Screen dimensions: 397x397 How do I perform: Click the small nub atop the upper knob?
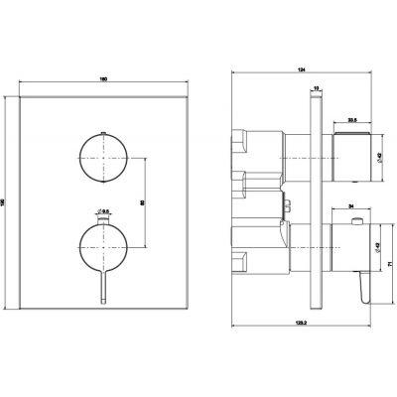tap(102, 132)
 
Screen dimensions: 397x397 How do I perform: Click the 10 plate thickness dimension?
tap(316, 88)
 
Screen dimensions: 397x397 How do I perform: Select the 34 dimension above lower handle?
tap(343, 207)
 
